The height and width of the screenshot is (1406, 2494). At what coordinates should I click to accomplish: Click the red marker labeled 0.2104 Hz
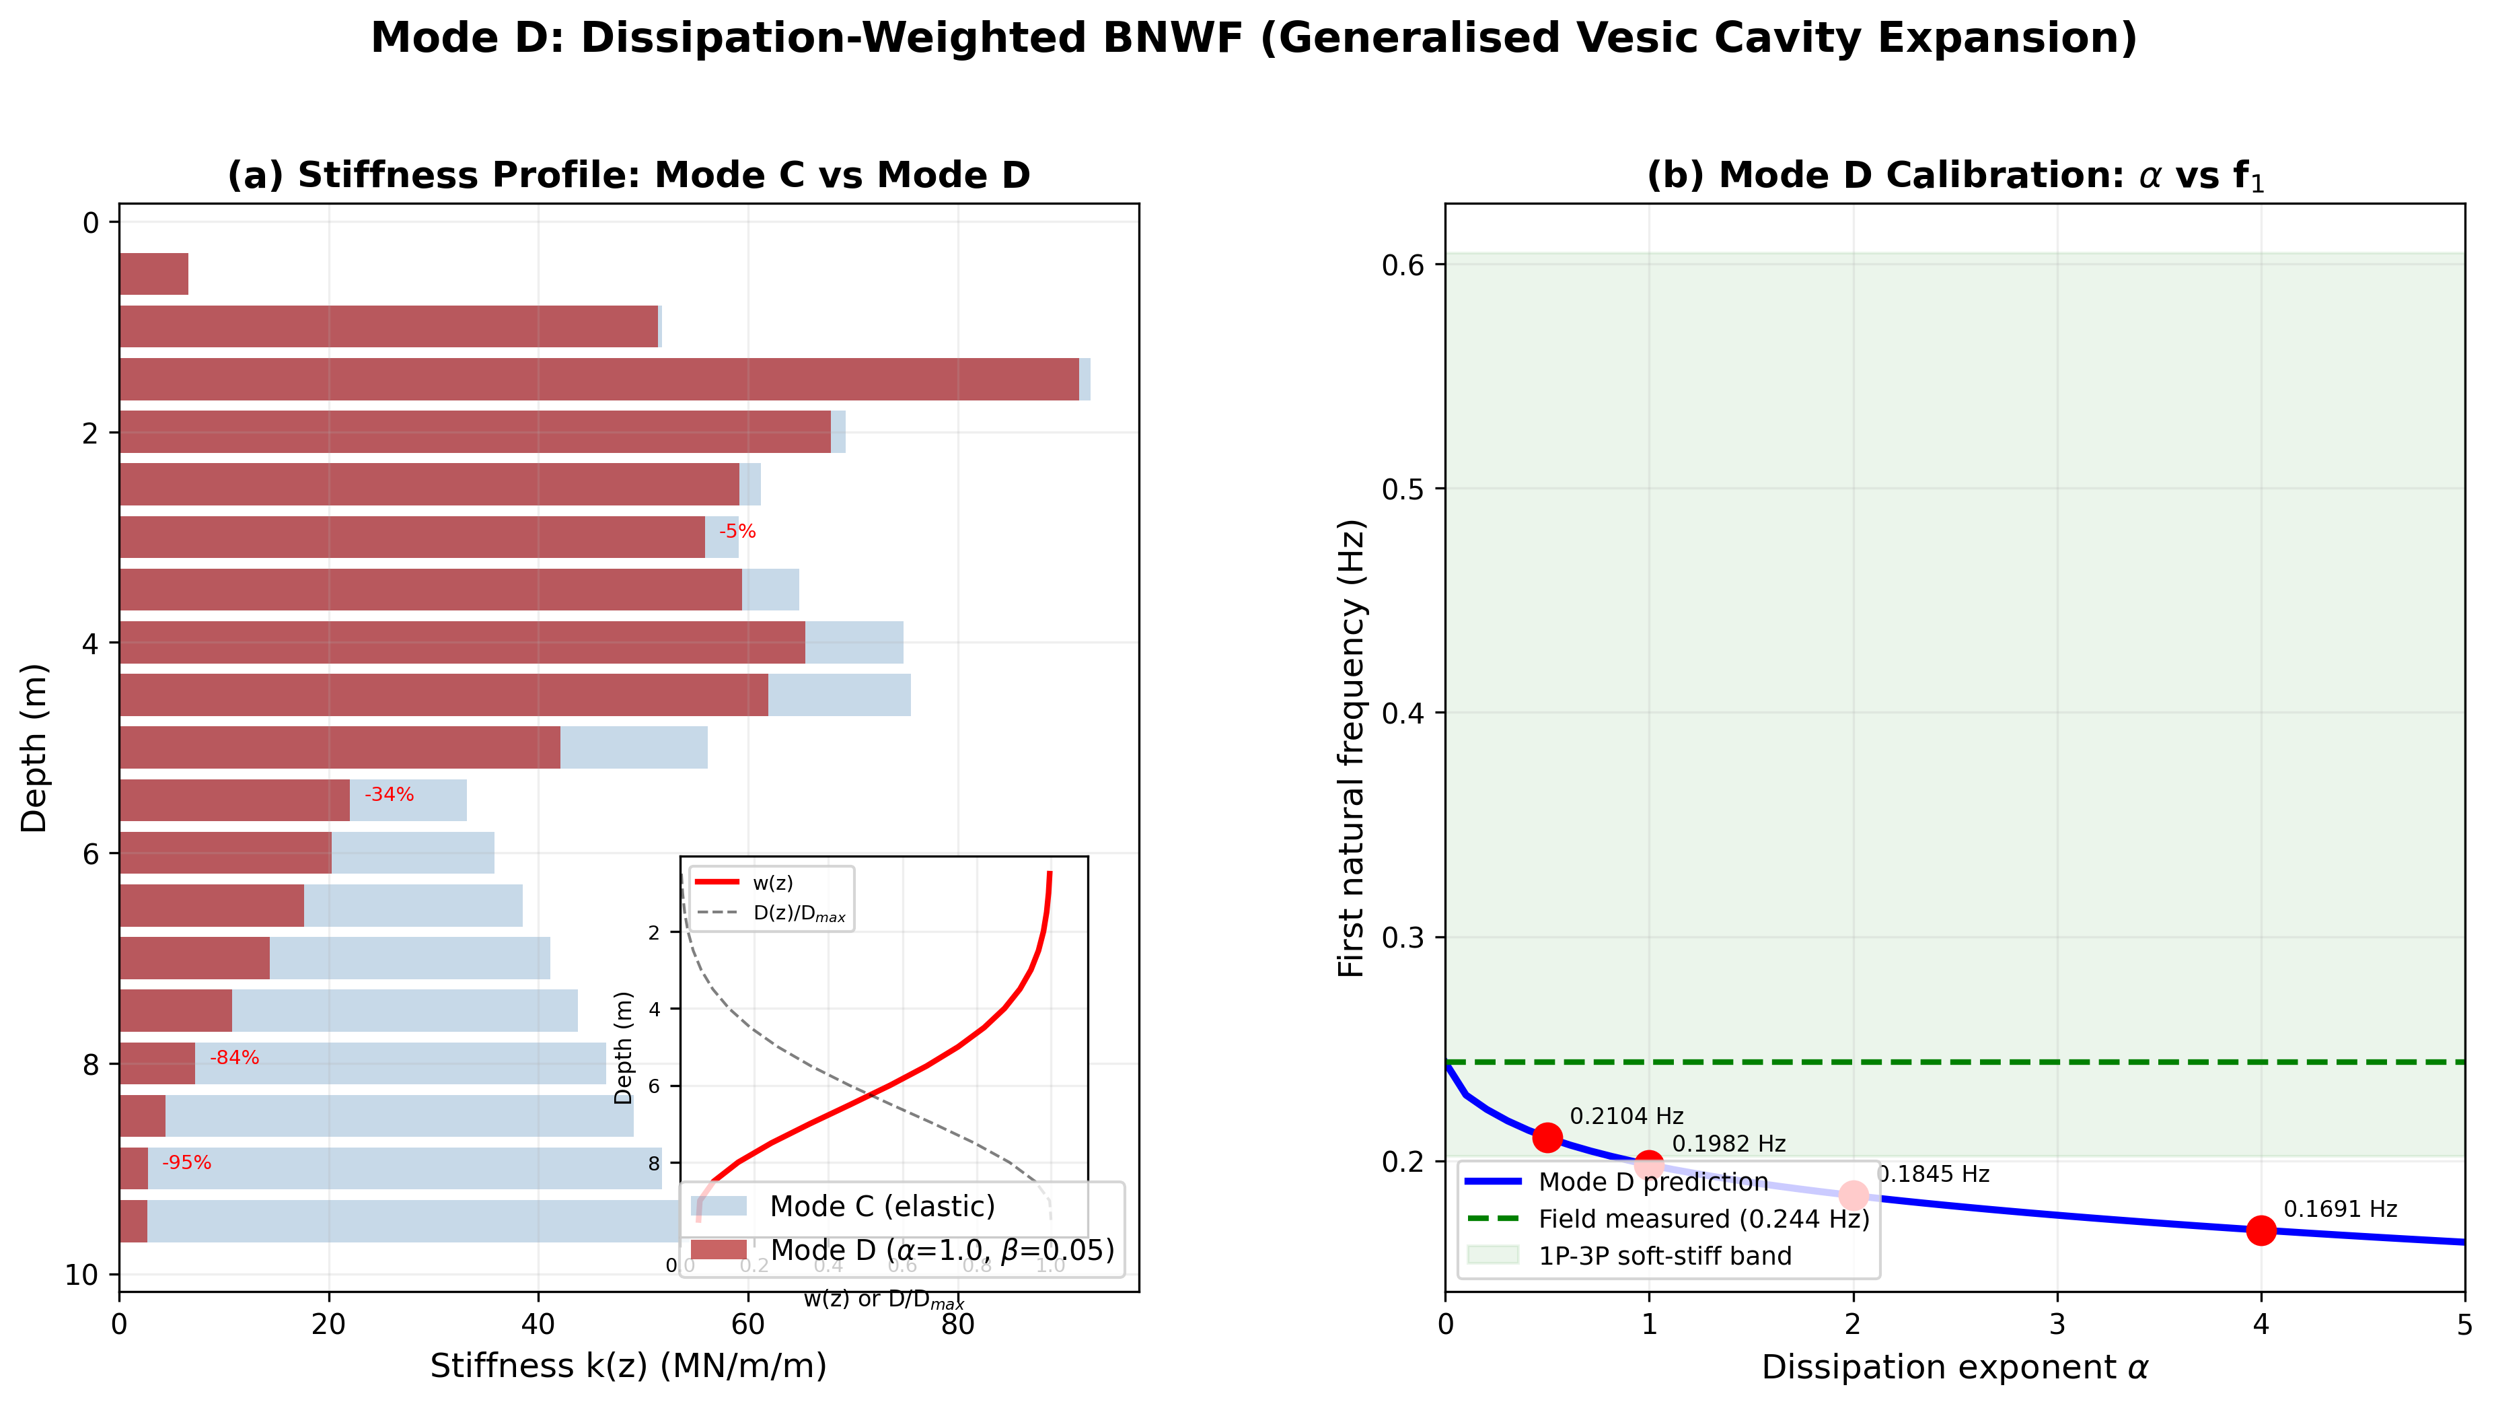pos(1547,1137)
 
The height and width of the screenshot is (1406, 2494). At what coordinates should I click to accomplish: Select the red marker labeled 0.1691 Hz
pos(2261,1230)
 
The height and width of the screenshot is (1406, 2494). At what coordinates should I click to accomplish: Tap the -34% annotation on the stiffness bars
pos(388,795)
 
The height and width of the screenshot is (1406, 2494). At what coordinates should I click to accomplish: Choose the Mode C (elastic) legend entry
pos(881,1207)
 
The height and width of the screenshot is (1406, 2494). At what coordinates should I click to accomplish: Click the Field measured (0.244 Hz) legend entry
pos(1703,1219)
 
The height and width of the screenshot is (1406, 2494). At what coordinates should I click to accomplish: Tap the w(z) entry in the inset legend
pos(772,883)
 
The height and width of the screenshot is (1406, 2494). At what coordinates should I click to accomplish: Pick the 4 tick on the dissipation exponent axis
pos(2261,1325)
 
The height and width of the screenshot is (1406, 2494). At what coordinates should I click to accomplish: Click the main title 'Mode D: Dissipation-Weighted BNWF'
pos(1254,39)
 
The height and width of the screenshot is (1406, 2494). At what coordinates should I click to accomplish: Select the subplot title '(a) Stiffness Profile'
pos(628,175)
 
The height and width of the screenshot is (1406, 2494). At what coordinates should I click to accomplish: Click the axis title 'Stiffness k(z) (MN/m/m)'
pos(628,1366)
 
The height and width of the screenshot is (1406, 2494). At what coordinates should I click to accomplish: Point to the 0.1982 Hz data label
pos(1728,1144)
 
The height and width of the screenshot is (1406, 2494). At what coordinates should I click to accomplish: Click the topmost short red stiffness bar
pos(153,274)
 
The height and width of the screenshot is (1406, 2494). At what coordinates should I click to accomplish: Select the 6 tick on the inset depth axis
pos(655,1086)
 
